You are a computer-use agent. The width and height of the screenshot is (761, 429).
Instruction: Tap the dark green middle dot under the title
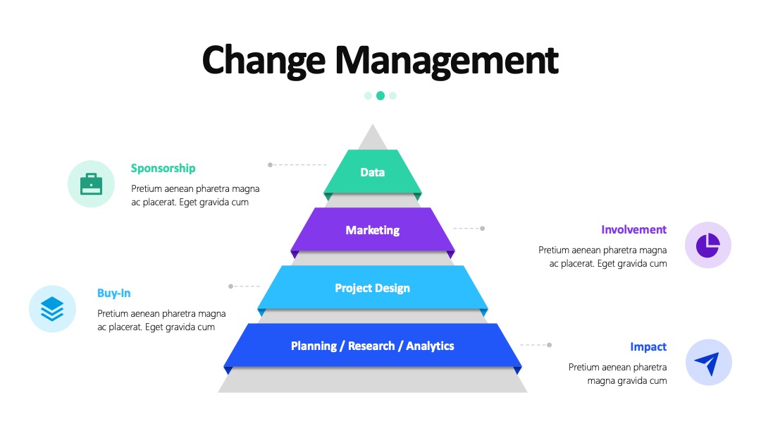380,96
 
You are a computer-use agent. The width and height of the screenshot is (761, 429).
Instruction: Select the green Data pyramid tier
373,172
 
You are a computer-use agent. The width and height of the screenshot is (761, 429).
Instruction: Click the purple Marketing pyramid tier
373,230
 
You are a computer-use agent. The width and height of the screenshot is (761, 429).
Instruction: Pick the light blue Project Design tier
373,288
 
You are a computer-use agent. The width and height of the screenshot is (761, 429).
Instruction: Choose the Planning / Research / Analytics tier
373,346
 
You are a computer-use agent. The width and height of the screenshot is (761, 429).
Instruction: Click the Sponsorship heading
163,169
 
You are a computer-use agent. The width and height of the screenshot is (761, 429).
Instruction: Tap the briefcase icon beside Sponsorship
91,184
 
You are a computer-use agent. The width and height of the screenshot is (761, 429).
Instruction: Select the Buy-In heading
113,293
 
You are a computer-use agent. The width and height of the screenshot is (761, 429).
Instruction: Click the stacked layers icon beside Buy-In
52,309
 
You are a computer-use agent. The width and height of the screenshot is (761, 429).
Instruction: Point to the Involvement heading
634,229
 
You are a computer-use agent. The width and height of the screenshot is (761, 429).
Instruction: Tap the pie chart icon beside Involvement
708,246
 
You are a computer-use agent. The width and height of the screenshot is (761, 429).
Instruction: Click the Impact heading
648,347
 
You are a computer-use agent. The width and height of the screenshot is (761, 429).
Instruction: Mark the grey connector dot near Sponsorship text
271,164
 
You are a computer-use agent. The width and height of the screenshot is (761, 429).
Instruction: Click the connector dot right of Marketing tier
483,229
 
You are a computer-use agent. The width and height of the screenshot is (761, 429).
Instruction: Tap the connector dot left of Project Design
230,286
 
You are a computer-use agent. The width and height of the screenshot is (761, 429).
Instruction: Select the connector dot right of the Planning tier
550,345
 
